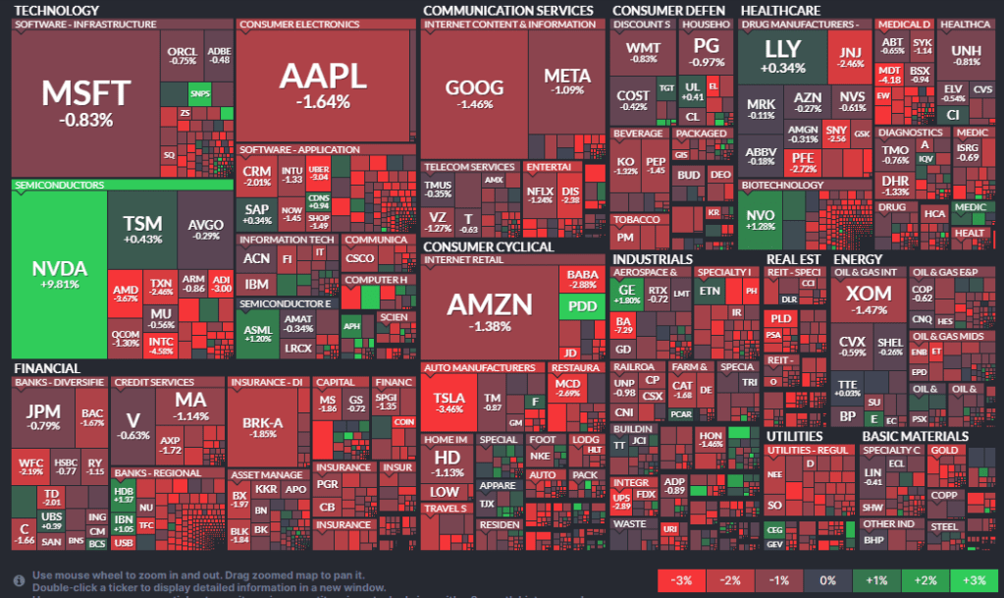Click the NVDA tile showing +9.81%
tap(59, 275)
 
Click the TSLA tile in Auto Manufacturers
tap(449, 402)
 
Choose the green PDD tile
tap(582, 306)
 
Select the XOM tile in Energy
tap(869, 299)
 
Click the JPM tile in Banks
tap(43, 416)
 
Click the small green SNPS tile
tap(199, 94)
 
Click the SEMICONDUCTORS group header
tap(59, 184)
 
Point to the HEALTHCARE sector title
tap(781, 10)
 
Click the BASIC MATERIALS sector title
tap(913, 435)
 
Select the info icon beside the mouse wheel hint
tap(19, 579)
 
